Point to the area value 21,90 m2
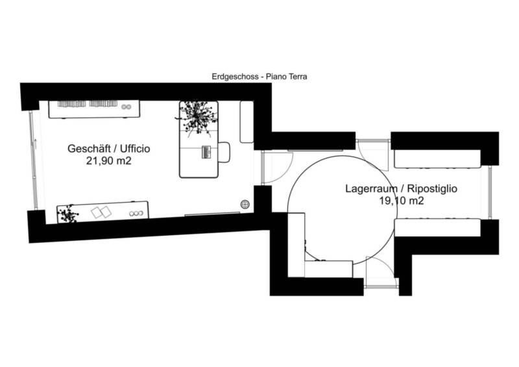pyautogui.click(x=109, y=161)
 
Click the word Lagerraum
pyautogui.click(x=365, y=189)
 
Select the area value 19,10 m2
pyautogui.click(x=402, y=201)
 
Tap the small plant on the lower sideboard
pyautogui.click(x=67, y=213)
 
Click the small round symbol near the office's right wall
pyautogui.click(x=245, y=203)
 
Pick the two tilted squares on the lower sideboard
pyautogui.click(x=101, y=212)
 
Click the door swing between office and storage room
pyautogui.click(x=271, y=167)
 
